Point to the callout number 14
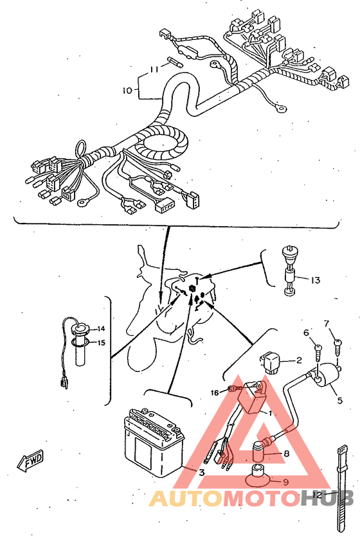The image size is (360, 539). click(x=101, y=329)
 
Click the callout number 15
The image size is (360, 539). click(x=101, y=342)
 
